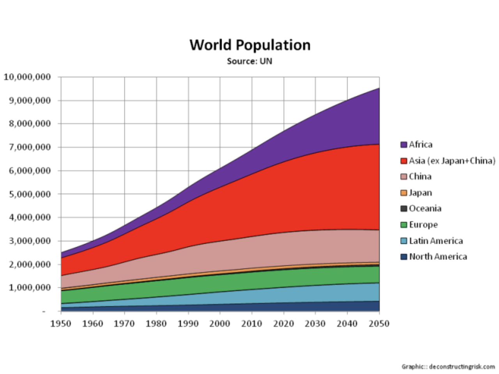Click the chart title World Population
point(250,45)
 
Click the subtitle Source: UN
point(249,61)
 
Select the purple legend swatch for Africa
point(404,145)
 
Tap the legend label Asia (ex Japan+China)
point(452,161)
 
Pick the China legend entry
point(420,176)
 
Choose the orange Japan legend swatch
point(404,193)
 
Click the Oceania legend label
point(425,208)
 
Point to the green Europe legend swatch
point(404,225)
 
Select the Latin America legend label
point(436,241)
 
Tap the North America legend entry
point(438,257)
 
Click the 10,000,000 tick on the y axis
point(27,77)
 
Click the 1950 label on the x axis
point(61,324)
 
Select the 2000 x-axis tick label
point(220,324)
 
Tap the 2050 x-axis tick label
point(379,324)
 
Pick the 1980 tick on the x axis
point(156,324)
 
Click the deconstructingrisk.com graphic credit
point(448,367)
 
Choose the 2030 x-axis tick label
point(315,324)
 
